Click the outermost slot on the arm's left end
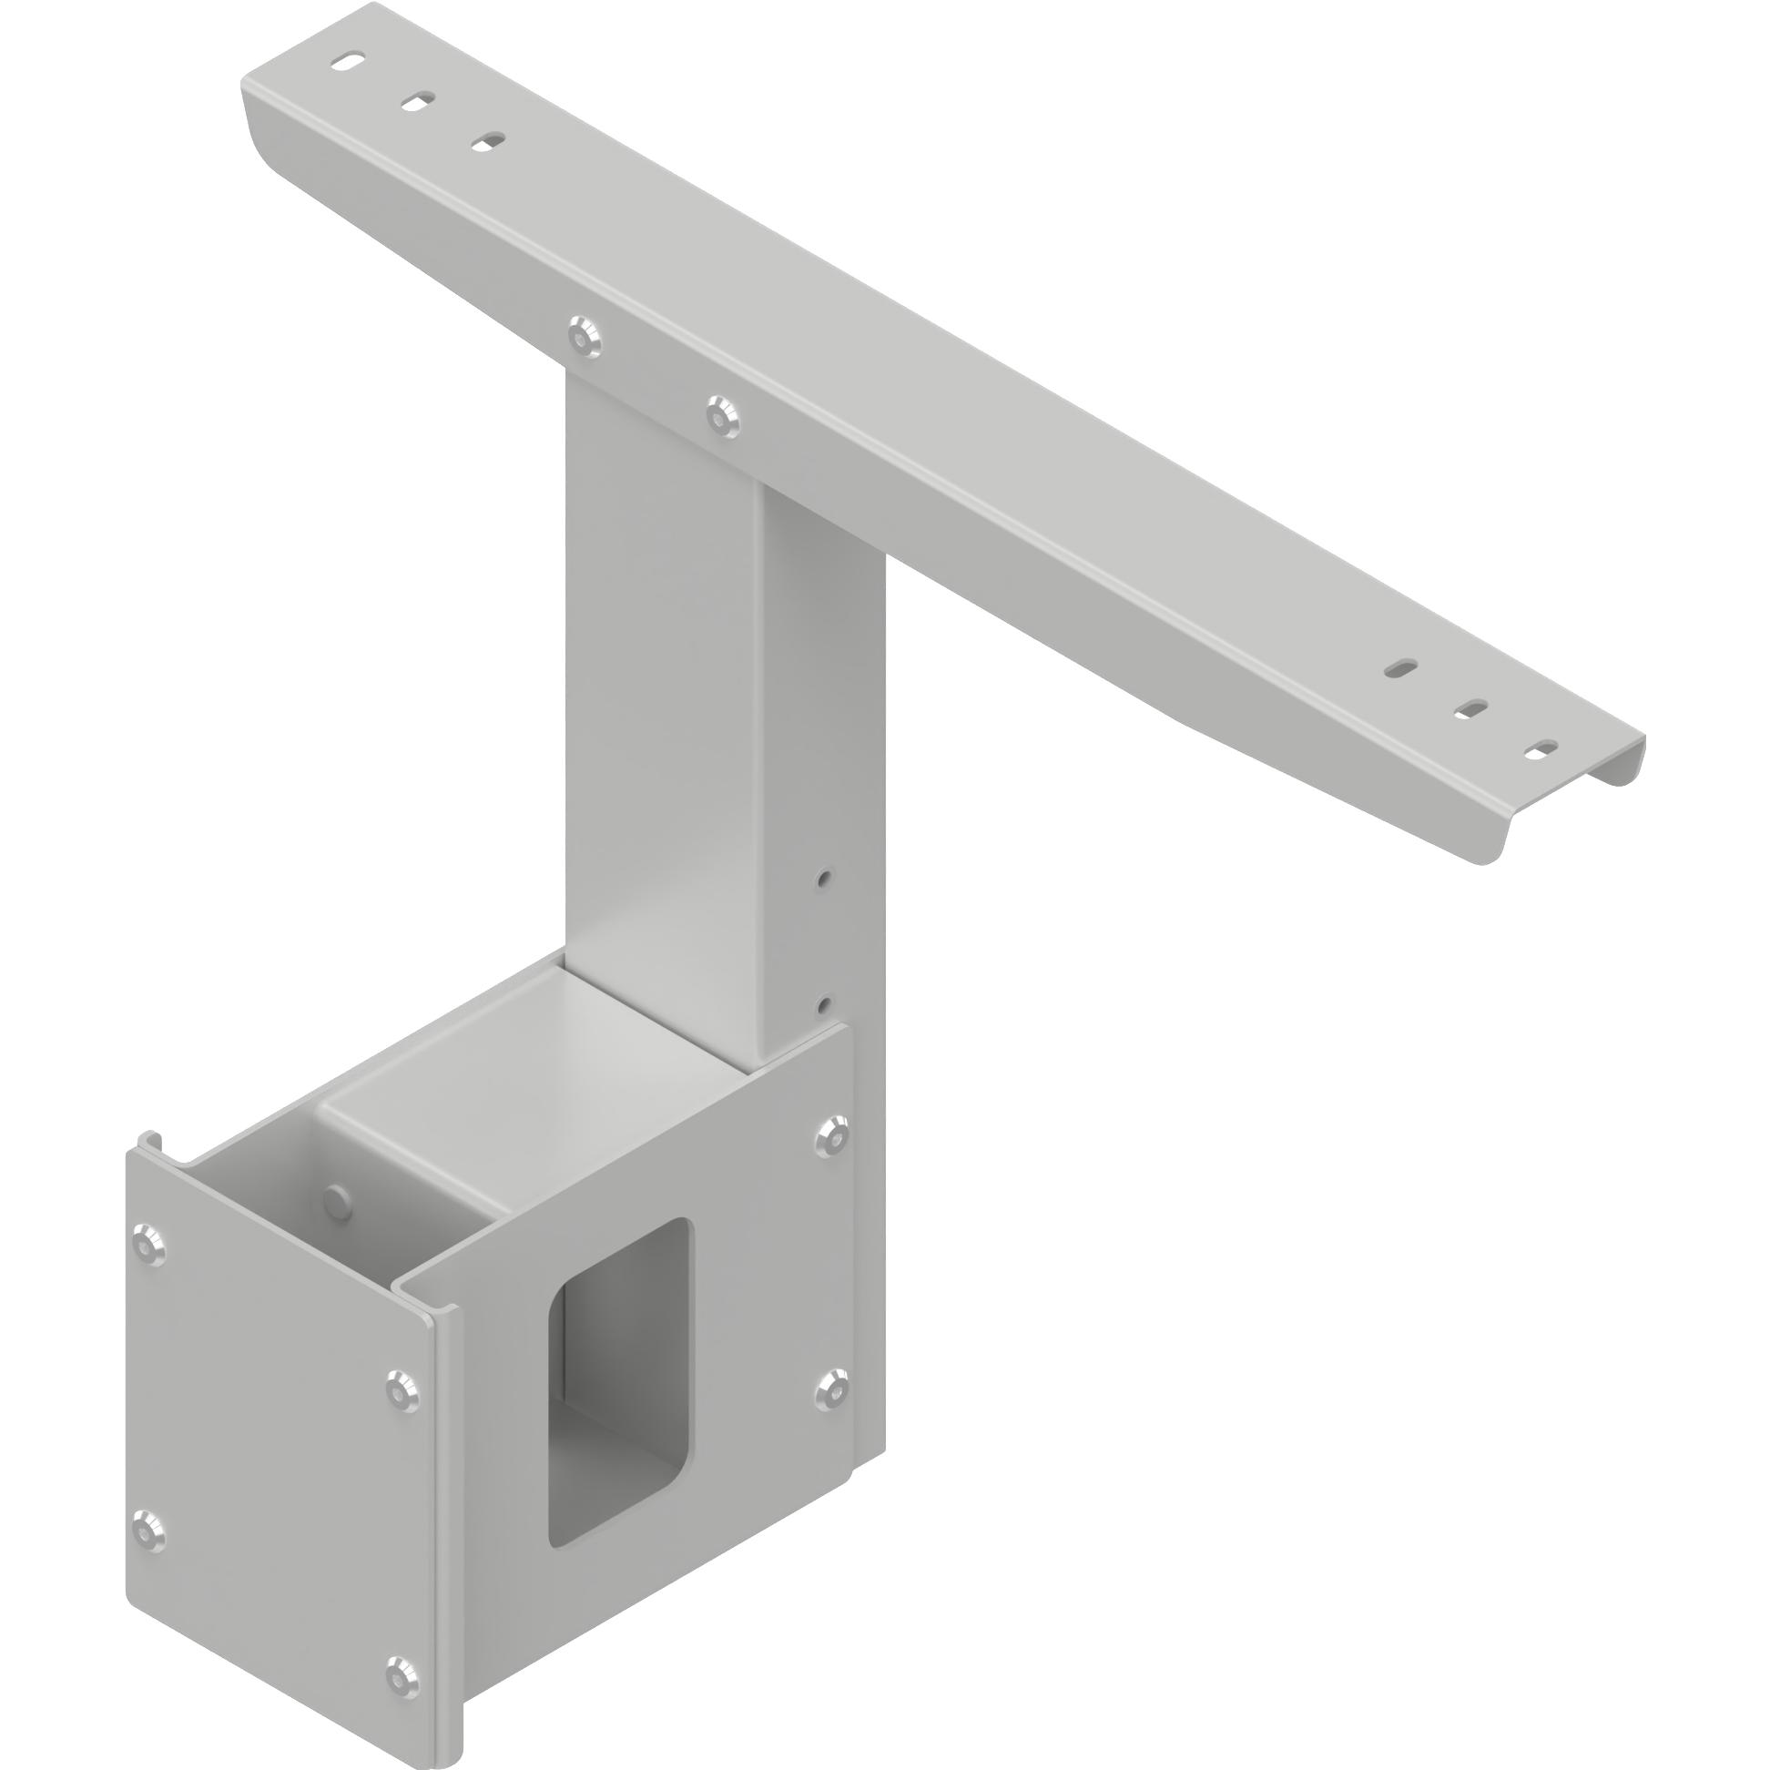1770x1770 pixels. coord(348,62)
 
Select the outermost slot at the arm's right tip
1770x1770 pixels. coord(1542,748)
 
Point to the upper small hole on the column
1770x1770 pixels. coord(826,878)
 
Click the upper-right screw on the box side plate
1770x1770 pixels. coord(832,1136)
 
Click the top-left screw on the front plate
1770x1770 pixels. coord(147,1244)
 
